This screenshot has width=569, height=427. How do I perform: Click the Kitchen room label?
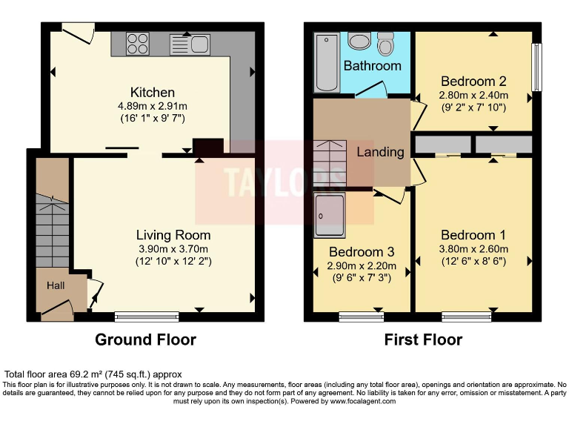pyautogui.click(x=153, y=92)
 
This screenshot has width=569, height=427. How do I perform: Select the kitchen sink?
pyautogui.click(x=191, y=44)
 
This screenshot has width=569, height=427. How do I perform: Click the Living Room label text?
pyautogui.click(x=173, y=235)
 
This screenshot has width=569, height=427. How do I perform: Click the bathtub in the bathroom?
pyautogui.click(x=325, y=62)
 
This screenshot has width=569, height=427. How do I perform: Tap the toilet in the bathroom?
pyautogui.click(x=385, y=44)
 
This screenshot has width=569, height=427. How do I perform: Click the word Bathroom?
pyautogui.click(x=372, y=66)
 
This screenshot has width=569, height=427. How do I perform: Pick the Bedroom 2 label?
pyautogui.click(x=473, y=82)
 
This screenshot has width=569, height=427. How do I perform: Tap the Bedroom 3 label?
pyautogui.click(x=361, y=252)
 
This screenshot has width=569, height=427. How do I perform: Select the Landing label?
pyautogui.click(x=381, y=152)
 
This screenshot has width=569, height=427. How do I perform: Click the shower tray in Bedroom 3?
pyautogui.click(x=329, y=213)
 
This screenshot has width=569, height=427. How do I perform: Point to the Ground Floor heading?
pyautogui.click(x=145, y=340)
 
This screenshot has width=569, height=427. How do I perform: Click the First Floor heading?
pyautogui.click(x=423, y=340)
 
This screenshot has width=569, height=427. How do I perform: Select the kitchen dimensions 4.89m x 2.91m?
pyautogui.click(x=153, y=105)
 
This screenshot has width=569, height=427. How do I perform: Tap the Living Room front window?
pyautogui.click(x=147, y=317)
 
